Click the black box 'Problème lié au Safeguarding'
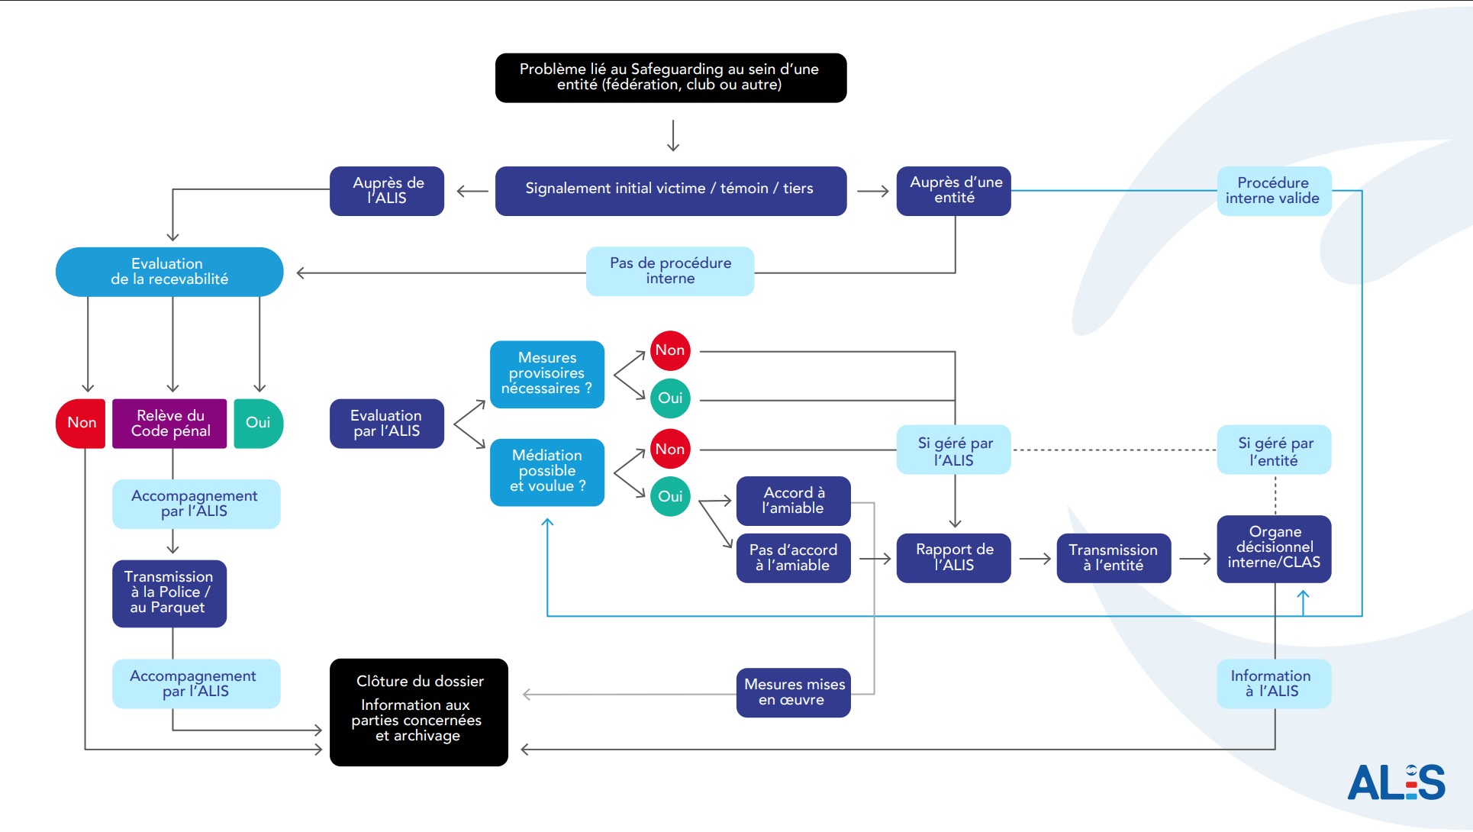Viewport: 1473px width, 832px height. tap(671, 78)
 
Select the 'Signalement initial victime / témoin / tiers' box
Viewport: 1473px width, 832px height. tap(671, 191)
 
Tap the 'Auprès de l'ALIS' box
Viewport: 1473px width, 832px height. tap(387, 191)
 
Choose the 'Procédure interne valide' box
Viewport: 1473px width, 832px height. tap(1274, 191)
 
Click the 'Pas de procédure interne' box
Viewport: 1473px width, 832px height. tap(670, 271)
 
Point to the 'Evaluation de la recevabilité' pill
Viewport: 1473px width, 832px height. tap(169, 272)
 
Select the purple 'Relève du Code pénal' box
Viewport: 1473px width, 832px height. tap(169, 424)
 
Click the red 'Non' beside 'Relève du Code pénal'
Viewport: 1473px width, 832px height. tap(81, 424)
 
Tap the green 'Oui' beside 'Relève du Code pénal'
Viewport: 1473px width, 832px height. tap(259, 424)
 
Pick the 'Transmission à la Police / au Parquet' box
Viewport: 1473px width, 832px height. tap(169, 594)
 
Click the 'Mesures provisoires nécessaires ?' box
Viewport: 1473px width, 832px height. tap(547, 374)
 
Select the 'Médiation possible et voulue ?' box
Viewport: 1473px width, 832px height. tap(547, 472)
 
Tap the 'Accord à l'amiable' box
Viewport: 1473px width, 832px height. tap(794, 501)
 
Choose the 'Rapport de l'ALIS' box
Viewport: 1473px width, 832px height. tap(954, 558)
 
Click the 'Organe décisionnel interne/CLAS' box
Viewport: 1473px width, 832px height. tap(1274, 549)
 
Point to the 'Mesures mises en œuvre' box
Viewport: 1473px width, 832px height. tap(794, 693)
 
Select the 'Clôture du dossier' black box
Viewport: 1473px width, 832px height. tap(419, 712)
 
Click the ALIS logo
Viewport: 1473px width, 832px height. tap(1396, 782)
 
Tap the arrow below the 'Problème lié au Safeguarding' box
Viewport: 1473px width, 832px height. tap(673, 135)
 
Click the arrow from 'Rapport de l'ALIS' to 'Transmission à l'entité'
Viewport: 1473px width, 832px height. tap(1035, 559)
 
